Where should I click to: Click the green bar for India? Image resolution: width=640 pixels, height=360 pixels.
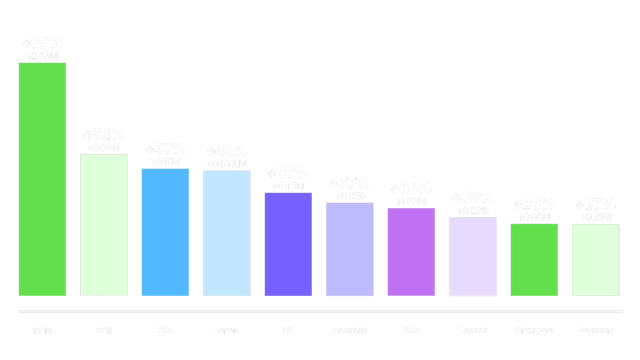pyautogui.click(x=42, y=180)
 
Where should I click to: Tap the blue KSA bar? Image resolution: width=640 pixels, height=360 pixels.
pyautogui.click(x=165, y=232)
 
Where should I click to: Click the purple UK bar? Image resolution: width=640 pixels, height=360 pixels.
pyautogui.click(x=288, y=244)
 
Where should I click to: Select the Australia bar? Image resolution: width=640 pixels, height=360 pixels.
pyautogui.click(x=350, y=249)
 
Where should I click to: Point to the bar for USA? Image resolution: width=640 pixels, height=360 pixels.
pyautogui.click(x=411, y=252)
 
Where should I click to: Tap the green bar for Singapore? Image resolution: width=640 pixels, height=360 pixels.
pyautogui.click(x=534, y=260)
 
